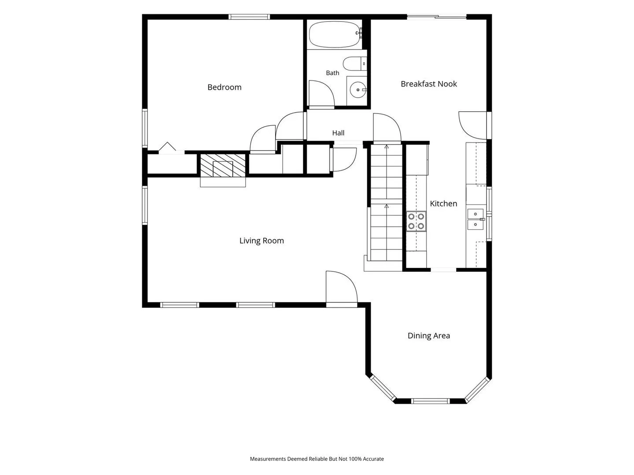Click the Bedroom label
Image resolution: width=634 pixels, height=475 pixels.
click(224, 87)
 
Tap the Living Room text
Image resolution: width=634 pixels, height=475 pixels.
click(262, 241)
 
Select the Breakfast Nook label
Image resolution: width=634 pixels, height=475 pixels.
click(429, 84)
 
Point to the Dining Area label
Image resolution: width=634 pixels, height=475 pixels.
click(429, 336)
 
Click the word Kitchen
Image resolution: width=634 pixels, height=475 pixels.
click(443, 204)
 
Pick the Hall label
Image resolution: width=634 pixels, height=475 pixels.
click(338, 133)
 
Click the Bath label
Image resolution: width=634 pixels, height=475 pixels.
click(332, 73)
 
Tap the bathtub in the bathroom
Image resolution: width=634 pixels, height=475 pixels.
click(335, 34)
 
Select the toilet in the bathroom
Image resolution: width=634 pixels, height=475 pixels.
click(355, 63)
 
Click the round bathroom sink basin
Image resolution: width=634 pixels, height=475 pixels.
click(358, 90)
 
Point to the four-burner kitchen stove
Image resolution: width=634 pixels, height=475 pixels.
click(416, 221)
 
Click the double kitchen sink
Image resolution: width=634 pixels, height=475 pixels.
click(475, 219)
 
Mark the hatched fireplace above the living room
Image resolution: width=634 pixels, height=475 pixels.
click(223, 165)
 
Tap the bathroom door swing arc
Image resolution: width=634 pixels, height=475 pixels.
click(321, 93)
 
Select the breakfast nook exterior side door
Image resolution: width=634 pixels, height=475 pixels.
click(472, 125)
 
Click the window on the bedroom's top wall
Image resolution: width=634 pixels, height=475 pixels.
click(249, 17)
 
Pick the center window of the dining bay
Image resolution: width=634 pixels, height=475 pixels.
click(430, 401)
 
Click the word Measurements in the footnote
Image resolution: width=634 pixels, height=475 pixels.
click(268, 459)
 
